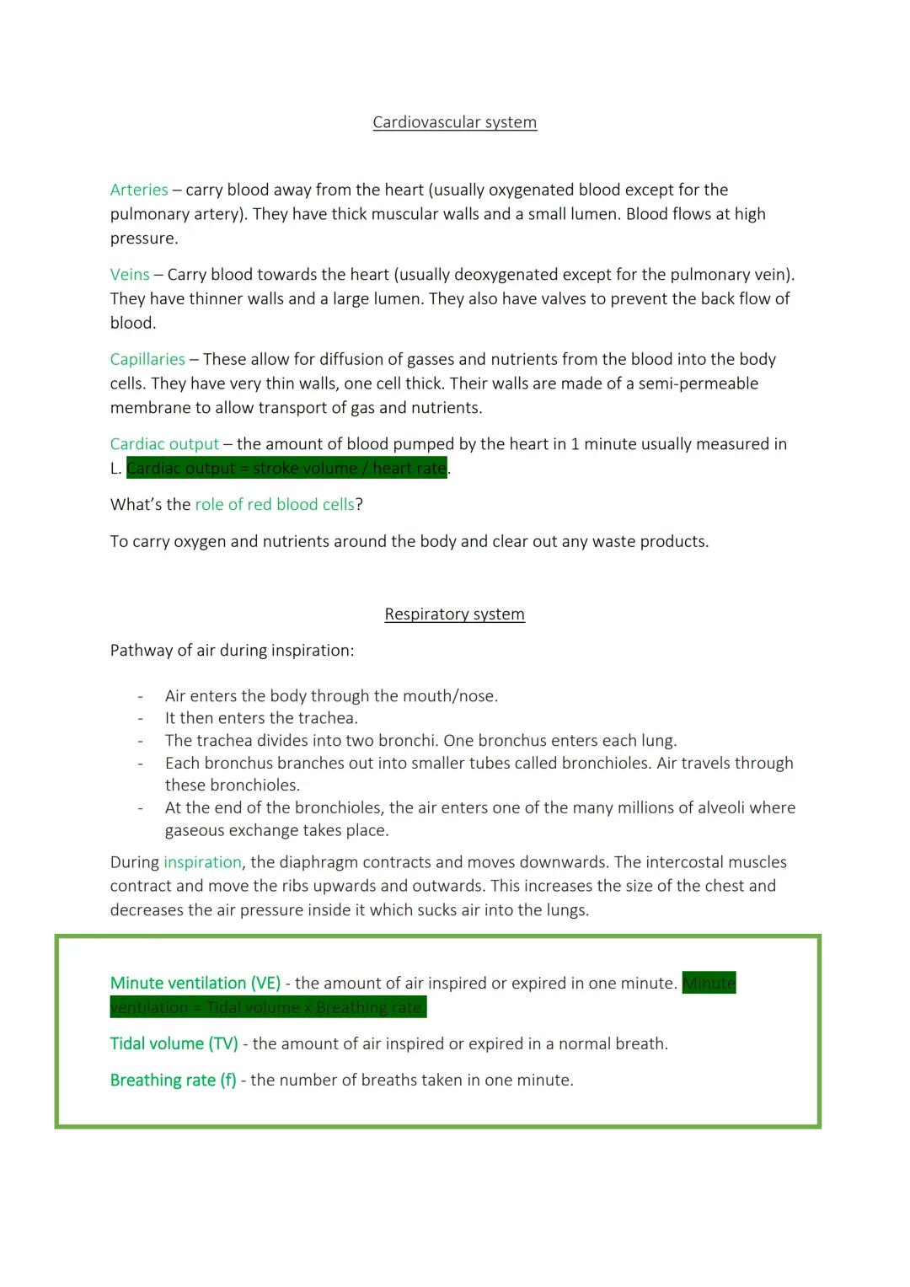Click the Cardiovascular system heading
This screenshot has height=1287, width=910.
pos(454,122)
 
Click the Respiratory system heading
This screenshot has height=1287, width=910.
pos(454,614)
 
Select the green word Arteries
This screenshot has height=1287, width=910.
pos(139,190)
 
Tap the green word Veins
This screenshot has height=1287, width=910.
pos(130,275)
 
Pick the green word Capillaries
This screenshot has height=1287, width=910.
pos(147,360)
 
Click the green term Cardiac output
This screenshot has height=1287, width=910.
pos(164,444)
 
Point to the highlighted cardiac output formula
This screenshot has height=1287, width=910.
pos(286,469)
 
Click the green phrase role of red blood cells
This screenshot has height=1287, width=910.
pos(275,505)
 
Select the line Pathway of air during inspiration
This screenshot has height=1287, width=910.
pos(232,651)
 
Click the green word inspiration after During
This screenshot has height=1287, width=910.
pos(202,862)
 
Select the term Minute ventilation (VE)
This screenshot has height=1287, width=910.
pos(195,984)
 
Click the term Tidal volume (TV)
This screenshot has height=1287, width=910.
pos(174,1044)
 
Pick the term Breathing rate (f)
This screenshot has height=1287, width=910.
pos(174,1081)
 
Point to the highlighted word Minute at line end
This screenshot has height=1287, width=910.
pos(709,984)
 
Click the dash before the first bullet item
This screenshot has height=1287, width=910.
pos(141,696)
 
